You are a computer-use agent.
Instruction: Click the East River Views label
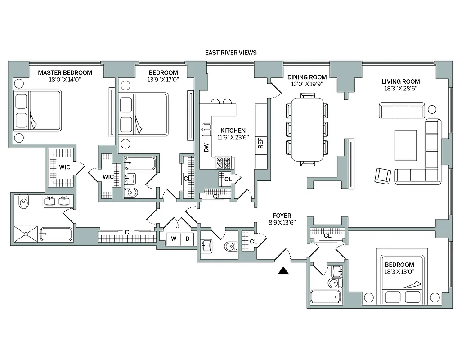[231, 53]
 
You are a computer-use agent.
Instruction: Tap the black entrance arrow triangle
[283, 270]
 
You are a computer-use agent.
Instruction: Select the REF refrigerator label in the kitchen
[260, 143]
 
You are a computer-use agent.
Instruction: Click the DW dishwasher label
[206, 148]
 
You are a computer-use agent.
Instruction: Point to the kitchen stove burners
[224, 162]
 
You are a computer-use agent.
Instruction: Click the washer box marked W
[174, 239]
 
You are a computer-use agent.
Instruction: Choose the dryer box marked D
[188, 239]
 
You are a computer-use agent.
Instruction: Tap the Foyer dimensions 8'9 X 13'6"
[282, 222]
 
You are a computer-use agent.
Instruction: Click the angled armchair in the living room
[383, 175]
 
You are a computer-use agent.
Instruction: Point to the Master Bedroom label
[65, 72]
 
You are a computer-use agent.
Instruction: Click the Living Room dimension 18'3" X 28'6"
[401, 89]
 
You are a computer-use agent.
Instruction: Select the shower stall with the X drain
[26, 234]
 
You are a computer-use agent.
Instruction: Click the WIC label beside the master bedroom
[64, 167]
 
